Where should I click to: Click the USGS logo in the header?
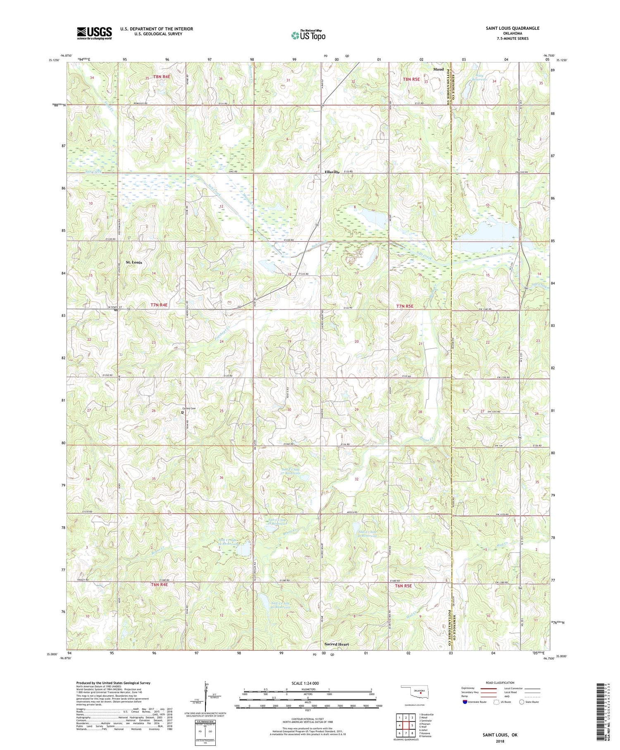[x=94, y=33]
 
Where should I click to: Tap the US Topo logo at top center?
[x=308, y=35]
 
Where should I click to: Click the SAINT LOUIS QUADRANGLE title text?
[x=513, y=28]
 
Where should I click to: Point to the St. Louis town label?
[x=134, y=262]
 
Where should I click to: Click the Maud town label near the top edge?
[x=438, y=69]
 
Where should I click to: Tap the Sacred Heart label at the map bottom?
[x=336, y=644]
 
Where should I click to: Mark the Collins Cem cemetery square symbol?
[x=182, y=412]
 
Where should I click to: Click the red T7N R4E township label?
[x=159, y=304]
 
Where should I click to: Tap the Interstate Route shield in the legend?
[x=465, y=702]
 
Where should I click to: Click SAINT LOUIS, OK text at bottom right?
[x=500, y=735]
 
